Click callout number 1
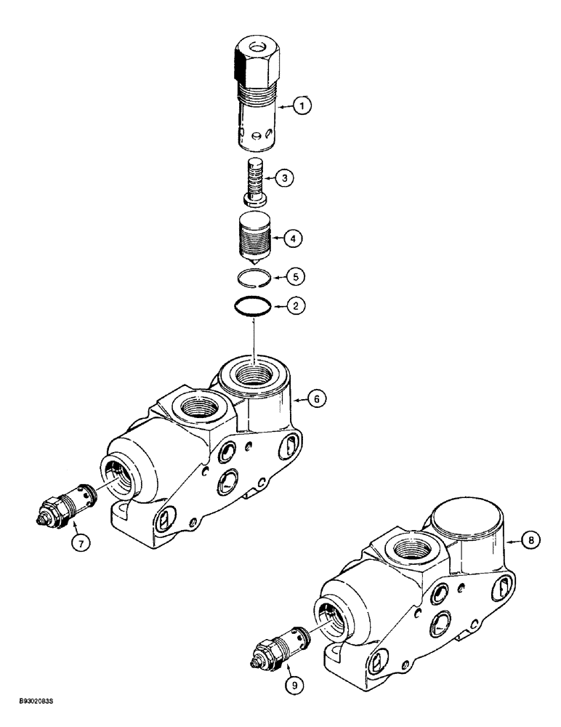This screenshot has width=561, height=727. [303, 107]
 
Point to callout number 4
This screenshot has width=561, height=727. [294, 237]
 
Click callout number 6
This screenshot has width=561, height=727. [316, 398]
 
